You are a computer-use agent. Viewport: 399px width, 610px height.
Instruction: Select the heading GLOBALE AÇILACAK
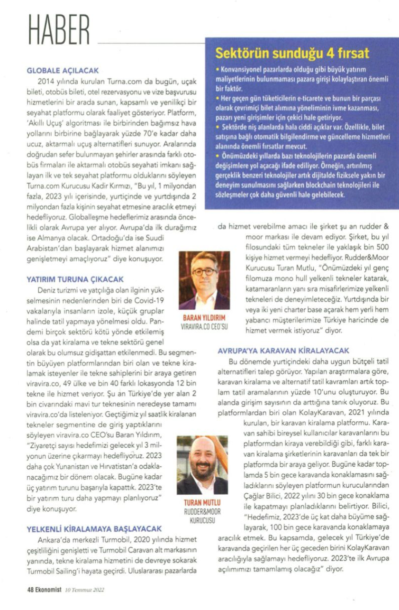pyautogui.click(x=63, y=71)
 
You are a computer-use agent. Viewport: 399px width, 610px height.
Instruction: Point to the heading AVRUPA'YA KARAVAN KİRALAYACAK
pyautogui.click(x=283, y=351)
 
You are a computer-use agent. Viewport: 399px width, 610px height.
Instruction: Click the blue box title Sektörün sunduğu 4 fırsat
pyautogui.click(x=292, y=53)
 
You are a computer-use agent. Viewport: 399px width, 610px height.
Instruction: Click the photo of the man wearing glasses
pyautogui.click(x=204, y=280)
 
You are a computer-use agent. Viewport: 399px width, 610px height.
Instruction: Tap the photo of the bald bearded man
pyautogui.click(x=202, y=465)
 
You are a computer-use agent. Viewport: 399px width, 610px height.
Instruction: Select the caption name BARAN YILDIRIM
pyautogui.click(x=204, y=318)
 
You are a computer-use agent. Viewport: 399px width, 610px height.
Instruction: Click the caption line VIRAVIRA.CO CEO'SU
pyautogui.click(x=204, y=327)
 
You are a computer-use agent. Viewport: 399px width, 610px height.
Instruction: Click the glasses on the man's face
pyautogui.click(x=204, y=272)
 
